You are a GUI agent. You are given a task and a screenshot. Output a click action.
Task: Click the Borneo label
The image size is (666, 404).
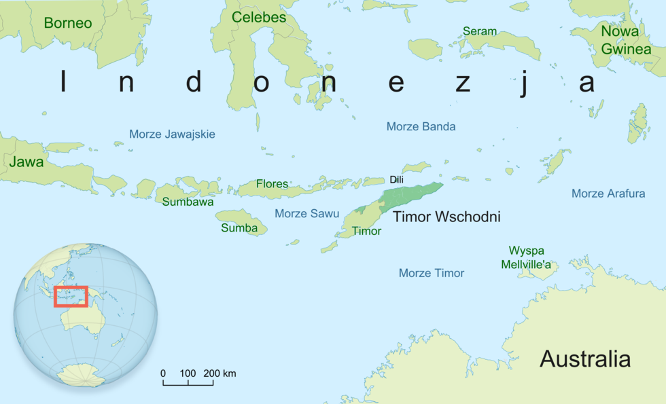[67, 23]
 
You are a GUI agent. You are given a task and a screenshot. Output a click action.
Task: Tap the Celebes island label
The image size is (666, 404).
[259, 18]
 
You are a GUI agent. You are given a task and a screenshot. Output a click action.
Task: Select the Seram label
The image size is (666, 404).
[480, 31]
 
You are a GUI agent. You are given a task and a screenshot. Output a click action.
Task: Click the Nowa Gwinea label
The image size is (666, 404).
[619, 39]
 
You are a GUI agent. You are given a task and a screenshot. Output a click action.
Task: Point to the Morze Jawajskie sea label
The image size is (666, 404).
[172, 134]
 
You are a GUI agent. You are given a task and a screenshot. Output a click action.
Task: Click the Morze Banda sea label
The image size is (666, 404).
[421, 126]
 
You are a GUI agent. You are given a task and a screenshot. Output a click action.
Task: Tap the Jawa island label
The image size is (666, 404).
[27, 162]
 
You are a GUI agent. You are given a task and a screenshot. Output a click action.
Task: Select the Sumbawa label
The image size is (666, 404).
[188, 202]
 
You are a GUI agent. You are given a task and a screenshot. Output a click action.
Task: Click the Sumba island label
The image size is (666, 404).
[239, 228]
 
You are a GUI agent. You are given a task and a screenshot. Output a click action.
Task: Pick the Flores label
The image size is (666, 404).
[272, 184]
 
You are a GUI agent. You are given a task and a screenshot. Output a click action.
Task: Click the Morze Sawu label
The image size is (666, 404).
[306, 213]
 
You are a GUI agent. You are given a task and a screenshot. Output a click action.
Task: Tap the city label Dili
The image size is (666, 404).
[397, 179]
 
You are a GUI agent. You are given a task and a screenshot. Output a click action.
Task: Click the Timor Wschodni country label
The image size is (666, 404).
[446, 217]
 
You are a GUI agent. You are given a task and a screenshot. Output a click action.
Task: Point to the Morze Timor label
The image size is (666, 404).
[432, 273]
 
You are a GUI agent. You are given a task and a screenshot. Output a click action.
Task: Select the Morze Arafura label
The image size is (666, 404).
[608, 194]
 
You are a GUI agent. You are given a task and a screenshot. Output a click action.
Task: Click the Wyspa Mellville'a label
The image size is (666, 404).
[526, 257]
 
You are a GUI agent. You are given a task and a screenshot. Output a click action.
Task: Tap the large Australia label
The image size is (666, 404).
[585, 359]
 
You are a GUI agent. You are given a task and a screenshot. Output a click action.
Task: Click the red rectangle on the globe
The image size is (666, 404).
[71, 296]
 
